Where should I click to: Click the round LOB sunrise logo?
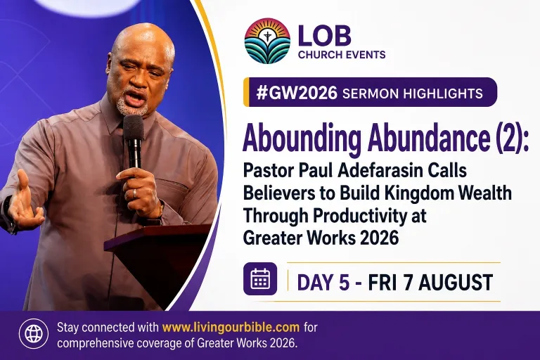pos(267,41)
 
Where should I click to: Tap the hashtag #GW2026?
pos(297,93)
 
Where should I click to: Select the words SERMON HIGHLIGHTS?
pos(413,94)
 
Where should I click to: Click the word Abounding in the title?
pos(302,139)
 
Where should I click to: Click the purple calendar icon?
pos(260,278)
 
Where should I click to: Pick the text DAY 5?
pos(323,283)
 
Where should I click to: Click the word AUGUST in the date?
pos(456,283)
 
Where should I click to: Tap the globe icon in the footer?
pos(34,333)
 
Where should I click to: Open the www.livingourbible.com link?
pos(231,327)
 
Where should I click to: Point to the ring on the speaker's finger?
pos(134,193)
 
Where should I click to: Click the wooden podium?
pos(161,262)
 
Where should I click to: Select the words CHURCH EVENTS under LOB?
pos(342,55)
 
